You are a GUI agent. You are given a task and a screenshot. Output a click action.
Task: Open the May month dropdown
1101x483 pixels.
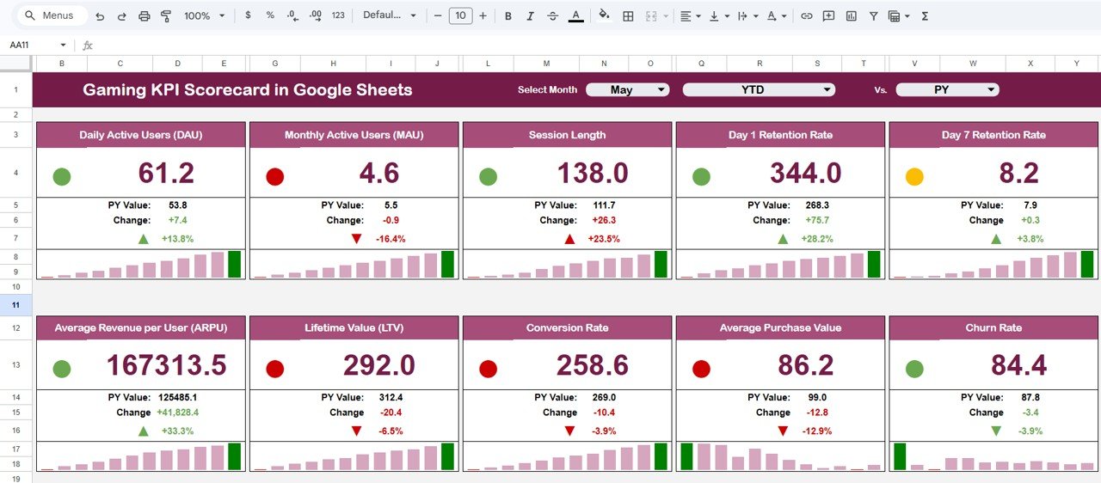627,89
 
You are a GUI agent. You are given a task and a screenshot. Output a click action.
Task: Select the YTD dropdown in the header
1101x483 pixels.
759,89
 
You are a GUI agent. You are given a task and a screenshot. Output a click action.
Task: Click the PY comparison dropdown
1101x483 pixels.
947,89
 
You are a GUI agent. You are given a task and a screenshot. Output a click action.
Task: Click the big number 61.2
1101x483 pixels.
166,174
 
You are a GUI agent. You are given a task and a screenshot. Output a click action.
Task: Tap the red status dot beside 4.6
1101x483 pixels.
275,177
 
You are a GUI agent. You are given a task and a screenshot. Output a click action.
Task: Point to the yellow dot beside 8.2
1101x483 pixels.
914,177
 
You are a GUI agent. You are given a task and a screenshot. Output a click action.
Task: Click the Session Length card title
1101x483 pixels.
567,135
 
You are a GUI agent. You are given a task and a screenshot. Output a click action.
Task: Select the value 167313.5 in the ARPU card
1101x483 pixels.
166,365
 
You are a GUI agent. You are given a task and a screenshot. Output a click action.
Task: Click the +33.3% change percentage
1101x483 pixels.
177,431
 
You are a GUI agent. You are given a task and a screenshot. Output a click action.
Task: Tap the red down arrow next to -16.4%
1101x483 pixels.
356,238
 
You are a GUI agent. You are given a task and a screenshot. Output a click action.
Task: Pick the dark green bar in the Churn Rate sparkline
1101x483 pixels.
900,456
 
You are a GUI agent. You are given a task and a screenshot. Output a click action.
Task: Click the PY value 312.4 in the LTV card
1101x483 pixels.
391,397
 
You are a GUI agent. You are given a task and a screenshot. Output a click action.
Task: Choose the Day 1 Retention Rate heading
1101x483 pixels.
780,135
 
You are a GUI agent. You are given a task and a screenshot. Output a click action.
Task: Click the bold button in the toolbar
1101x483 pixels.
507,15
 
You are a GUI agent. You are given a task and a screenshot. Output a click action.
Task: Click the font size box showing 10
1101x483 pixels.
460,15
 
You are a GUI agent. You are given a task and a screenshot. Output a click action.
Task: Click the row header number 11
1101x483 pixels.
16,305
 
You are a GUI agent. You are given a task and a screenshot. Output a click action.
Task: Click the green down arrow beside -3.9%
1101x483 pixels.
996,431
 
